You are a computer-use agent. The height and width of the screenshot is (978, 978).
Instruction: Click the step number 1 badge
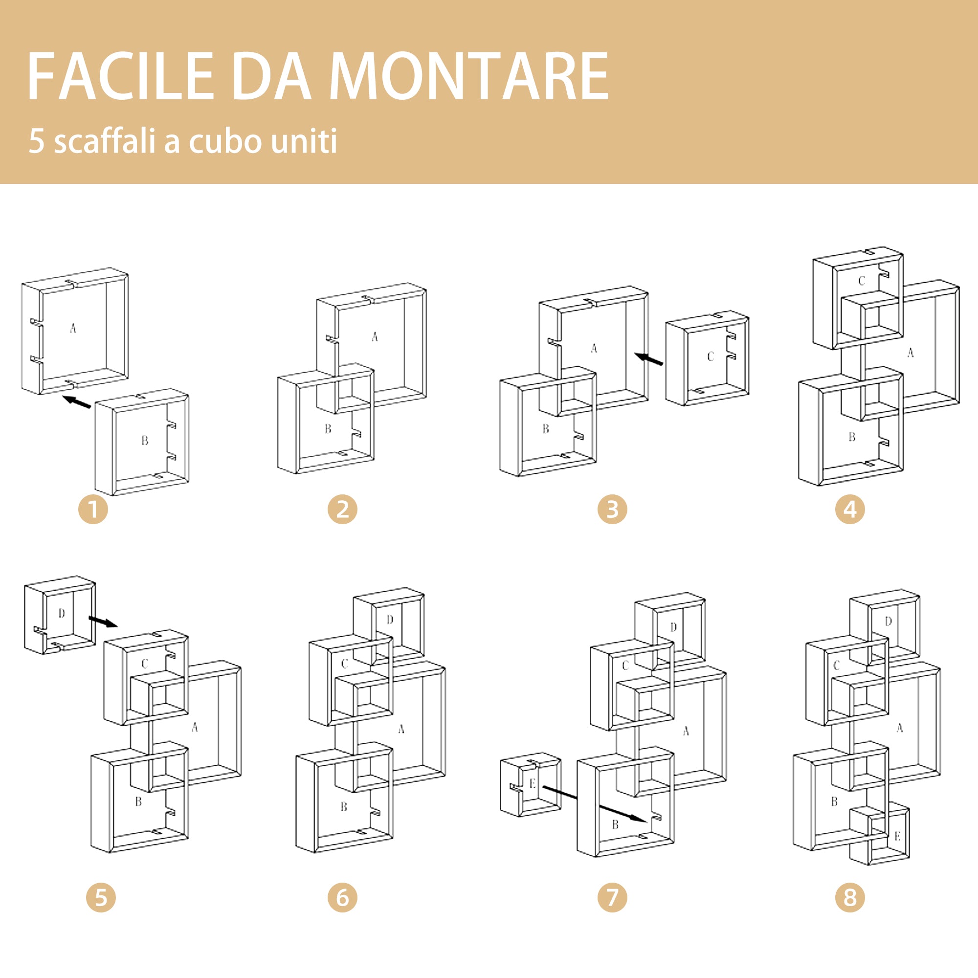click(x=93, y=509)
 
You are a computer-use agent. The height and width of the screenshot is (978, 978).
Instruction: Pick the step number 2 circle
click(x=342, y=509)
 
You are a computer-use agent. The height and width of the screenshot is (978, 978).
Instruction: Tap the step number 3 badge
click(x=612, y=509)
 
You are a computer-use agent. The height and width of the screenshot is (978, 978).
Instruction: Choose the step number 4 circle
click(x=850, y=509)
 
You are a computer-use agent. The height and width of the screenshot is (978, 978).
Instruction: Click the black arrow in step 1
click(x=76, y=401)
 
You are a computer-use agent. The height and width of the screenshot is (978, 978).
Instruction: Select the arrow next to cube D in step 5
click(x=103, y=622)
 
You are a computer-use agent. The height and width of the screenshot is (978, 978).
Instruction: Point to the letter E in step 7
click(x=533, y=783)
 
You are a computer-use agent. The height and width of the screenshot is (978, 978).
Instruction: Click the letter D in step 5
click(x=62, y=614)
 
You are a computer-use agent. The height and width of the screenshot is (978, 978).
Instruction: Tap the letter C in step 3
click(x=711, y=356)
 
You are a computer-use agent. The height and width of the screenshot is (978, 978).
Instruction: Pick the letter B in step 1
click(x=145, y=441)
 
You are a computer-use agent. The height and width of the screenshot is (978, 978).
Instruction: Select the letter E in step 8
click(x=897, y=836)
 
